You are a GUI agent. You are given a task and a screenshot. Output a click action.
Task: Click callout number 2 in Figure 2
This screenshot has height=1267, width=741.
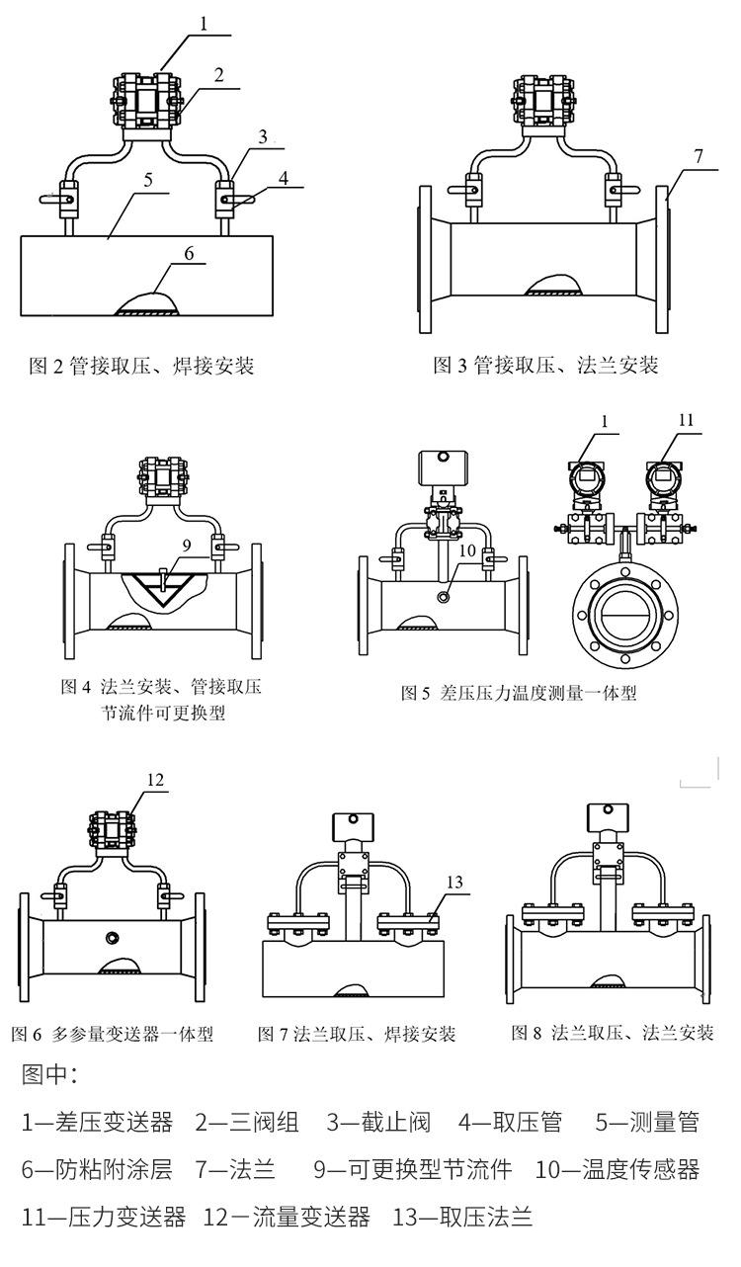click(218, 74)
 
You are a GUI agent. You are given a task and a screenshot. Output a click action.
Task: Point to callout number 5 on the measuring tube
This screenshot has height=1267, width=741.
click(147, 181)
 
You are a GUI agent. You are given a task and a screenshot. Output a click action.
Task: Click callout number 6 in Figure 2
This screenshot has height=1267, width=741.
click(188, 254)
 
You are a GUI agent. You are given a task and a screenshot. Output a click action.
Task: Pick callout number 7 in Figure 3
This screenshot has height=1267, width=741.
click(698, 156)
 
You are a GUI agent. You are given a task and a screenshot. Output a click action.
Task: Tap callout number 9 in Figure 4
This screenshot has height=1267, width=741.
click(186, 544)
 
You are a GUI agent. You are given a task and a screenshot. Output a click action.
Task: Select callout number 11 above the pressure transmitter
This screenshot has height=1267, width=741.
click(686, 420)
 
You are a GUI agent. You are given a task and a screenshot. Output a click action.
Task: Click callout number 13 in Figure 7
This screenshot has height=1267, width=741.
click(453, 882)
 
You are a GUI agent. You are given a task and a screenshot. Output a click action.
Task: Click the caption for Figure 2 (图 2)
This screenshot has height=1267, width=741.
click(139, 367)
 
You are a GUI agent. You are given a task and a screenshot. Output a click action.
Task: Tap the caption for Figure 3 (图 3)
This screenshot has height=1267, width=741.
click(545, 366)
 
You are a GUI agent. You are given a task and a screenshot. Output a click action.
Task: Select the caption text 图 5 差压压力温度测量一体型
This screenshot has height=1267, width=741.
click(518, 693)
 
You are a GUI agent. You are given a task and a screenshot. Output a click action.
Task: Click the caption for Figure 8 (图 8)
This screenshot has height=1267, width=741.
click(612, 1033)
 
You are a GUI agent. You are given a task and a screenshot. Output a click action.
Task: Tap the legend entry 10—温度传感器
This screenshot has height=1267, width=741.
click(617, 1170)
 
